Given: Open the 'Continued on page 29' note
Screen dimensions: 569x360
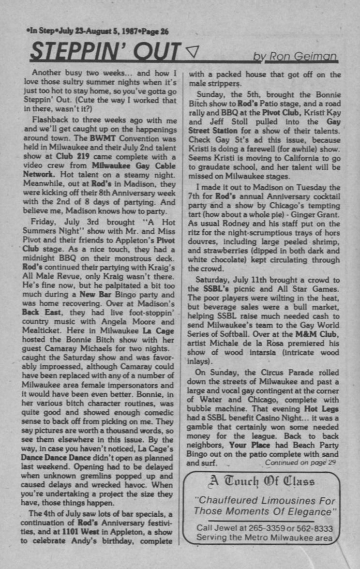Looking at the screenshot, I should (301, 463).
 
